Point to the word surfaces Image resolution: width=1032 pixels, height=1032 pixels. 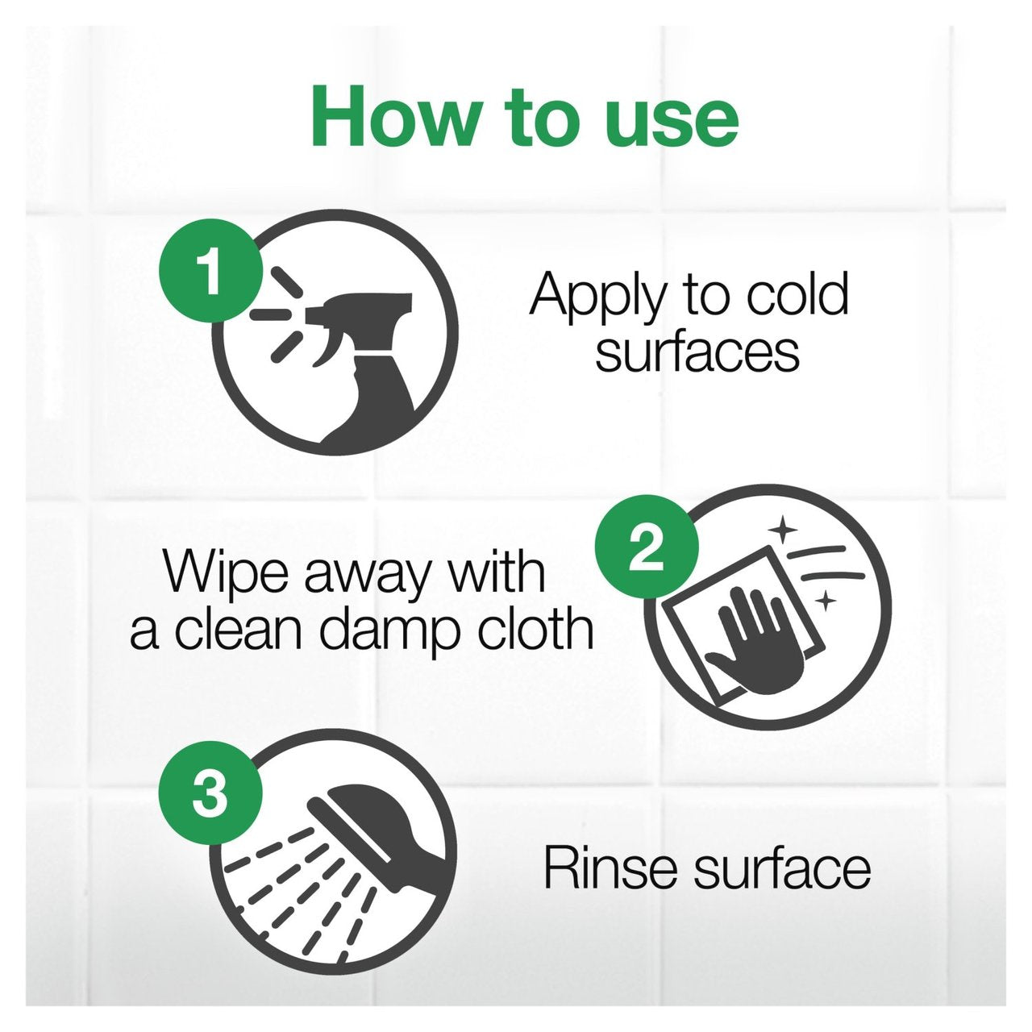[x=697, y=351]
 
